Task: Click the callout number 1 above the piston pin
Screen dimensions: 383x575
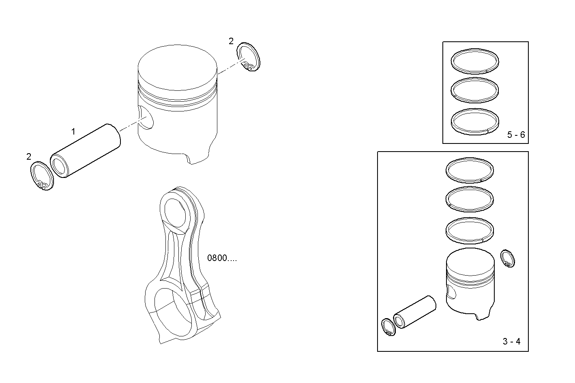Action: pos(73,132)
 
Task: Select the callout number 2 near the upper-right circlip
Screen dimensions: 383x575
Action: pos(231,41)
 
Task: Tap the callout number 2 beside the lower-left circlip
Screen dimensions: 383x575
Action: pos(28,156)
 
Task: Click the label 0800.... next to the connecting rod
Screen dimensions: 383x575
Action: pos(222,258)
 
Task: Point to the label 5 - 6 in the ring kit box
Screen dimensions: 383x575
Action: pos(516,135)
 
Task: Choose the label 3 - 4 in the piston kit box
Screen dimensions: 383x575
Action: pos(511,342)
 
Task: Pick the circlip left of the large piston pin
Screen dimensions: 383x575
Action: pos(42,175)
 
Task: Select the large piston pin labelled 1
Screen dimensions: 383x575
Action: pos(86,151)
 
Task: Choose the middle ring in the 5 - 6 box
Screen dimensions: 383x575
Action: pos(475,89)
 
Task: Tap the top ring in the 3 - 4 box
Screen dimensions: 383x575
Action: pos(470,169)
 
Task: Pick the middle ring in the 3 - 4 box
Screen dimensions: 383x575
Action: pos(470,199)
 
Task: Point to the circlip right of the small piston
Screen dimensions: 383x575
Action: pos(508,259)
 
